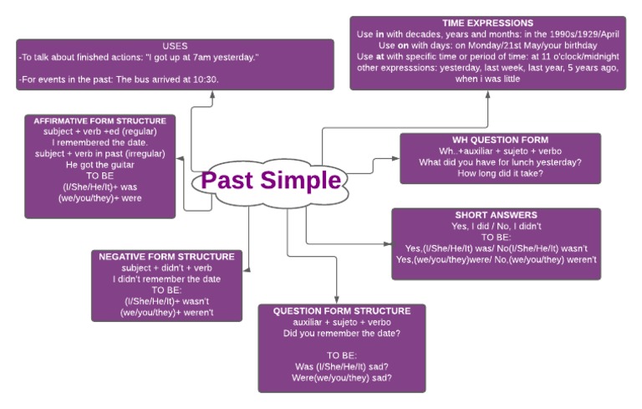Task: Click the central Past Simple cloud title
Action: click(271, 181)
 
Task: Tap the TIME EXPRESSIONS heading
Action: click(488, 23)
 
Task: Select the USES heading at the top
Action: click(175, 45)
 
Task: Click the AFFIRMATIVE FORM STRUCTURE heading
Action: click(99, 120)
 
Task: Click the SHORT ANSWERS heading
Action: click(496, 215)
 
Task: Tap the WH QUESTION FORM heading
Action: click(501, 140)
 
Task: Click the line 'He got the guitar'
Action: click(99, 165)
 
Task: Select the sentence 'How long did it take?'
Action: click(501, 173)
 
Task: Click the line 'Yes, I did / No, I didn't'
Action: click(496, 226)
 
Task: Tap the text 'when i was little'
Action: click(488, 79)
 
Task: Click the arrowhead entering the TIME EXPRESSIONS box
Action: click(488, 93)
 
